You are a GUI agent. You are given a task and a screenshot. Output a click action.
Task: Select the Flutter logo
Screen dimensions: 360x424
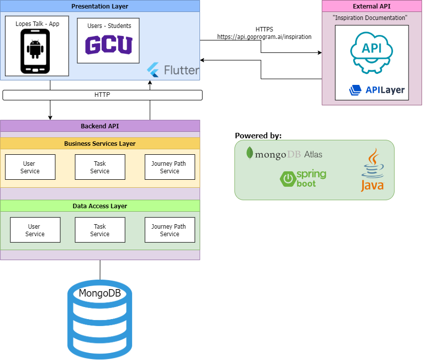[174, 70]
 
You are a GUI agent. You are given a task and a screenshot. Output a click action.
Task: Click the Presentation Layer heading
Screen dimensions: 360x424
[100, 6]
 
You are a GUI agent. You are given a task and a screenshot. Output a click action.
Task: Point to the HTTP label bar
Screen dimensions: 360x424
[102, 95]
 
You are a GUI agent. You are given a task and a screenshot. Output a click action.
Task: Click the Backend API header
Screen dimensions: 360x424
[100, 126]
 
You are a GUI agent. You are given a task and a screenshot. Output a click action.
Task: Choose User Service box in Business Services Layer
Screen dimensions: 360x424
[30, 167]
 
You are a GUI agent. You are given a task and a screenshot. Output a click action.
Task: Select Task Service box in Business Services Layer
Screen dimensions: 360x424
[100, 167]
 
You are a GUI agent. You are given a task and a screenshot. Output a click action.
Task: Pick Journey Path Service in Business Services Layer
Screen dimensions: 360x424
[170, 167]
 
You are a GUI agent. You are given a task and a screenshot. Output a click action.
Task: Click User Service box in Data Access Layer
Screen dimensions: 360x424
[35, 230]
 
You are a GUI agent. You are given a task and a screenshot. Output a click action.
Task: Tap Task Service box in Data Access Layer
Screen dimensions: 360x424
[100, 230]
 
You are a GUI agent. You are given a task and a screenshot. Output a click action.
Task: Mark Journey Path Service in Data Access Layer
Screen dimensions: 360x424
[170, 230]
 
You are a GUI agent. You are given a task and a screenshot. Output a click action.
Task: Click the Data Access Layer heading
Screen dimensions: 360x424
[100, 206]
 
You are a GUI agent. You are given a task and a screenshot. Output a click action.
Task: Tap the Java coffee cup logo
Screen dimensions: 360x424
[372, 170]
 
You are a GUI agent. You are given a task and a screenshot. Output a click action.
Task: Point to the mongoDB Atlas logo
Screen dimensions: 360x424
[284, 154]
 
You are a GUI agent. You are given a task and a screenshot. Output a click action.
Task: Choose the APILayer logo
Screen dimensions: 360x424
[377, 90]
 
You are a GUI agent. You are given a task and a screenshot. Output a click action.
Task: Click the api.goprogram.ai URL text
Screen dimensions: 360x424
[264, 37]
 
